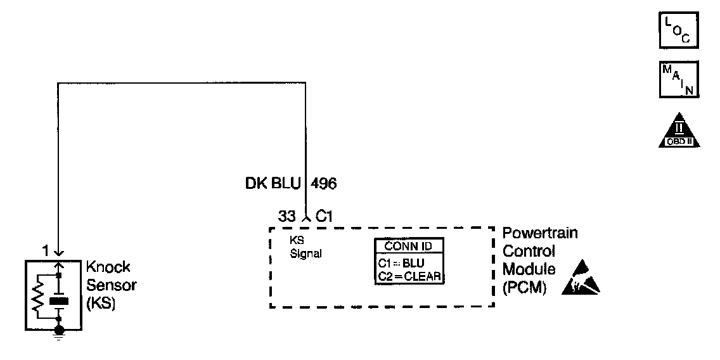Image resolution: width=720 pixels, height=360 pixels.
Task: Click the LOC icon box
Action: click(x=679, y=30)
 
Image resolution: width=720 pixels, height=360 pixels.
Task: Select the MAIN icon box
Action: click(x=679, y=80)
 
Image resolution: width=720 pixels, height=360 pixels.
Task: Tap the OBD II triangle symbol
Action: click(x=679, y=132)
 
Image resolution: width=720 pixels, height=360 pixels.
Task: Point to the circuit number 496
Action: click(x=323, y=184)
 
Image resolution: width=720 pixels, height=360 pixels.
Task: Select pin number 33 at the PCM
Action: click(x=287, y=217)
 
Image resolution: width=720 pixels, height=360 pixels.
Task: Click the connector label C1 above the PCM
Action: click(x=325, y=217)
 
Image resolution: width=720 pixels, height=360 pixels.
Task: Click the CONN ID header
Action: click(x=408, y=246)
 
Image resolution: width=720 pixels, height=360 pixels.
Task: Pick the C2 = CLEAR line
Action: click(x=408, y=276)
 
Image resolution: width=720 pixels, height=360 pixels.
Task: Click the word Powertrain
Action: click(x=540, y=234)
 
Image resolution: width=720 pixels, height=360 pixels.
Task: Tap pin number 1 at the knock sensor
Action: click(x=45, y=251)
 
